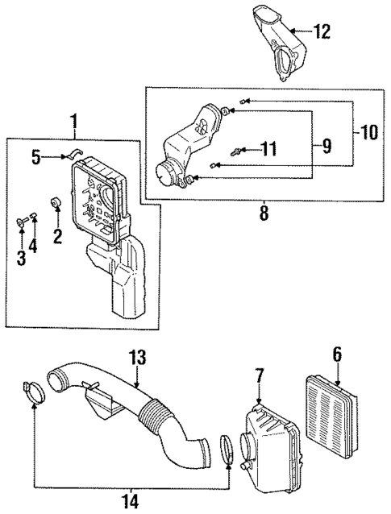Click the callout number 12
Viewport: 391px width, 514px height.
[x=322, y=32]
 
